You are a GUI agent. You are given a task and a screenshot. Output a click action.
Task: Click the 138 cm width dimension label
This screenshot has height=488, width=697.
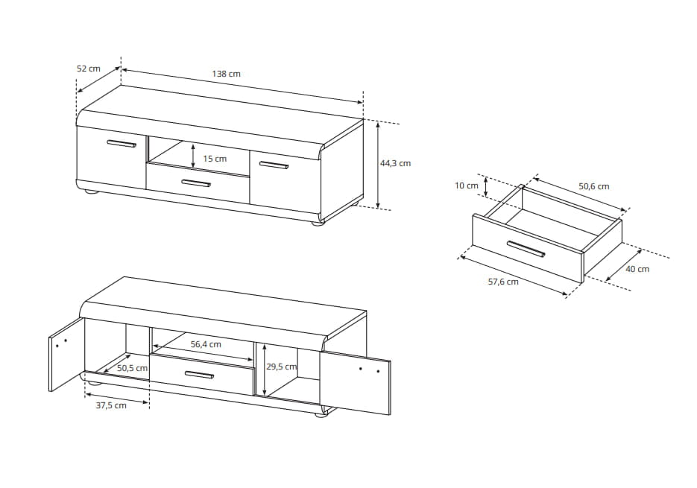[227, 74]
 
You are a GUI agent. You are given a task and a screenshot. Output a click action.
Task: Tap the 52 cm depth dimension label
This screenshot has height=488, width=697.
[89, 69]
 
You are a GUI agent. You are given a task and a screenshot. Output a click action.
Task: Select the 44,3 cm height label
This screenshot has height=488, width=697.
[395, 163]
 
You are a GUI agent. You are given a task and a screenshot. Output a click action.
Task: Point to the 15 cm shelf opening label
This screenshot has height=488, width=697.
[215, 159]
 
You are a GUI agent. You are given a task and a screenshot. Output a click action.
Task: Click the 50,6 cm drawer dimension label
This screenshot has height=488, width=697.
[594, 186]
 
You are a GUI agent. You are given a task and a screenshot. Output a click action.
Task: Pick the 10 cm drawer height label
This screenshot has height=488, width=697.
[467, 186]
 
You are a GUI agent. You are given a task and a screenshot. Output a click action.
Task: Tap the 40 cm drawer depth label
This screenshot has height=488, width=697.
[637, 269]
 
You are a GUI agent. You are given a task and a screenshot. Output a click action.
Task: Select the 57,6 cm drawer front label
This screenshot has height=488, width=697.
[503, 282]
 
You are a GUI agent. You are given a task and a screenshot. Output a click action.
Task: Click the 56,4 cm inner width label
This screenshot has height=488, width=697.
[206, 344]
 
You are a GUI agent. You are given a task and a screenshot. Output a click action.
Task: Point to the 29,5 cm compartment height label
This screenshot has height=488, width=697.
[281, 367]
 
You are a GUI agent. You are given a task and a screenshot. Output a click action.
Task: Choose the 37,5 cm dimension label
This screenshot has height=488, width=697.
[111, 405]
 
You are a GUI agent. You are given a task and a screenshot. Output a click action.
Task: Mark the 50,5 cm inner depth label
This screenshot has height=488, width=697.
[132, 368]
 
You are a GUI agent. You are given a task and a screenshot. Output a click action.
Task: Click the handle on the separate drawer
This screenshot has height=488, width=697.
[526, 249]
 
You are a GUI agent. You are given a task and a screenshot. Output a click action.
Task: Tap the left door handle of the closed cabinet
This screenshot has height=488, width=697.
[122, 144]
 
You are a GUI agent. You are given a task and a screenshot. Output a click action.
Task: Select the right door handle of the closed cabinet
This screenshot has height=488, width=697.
[274, 165]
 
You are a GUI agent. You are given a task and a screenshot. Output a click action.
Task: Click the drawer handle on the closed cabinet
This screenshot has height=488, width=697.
[196, 183]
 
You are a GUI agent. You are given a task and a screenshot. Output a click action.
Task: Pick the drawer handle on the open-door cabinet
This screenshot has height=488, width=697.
[199, 375]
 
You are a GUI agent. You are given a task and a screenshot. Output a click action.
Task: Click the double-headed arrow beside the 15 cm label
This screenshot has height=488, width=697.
[193, 156]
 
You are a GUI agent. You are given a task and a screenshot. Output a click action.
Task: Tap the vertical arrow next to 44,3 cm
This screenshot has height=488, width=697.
[378, 165]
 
